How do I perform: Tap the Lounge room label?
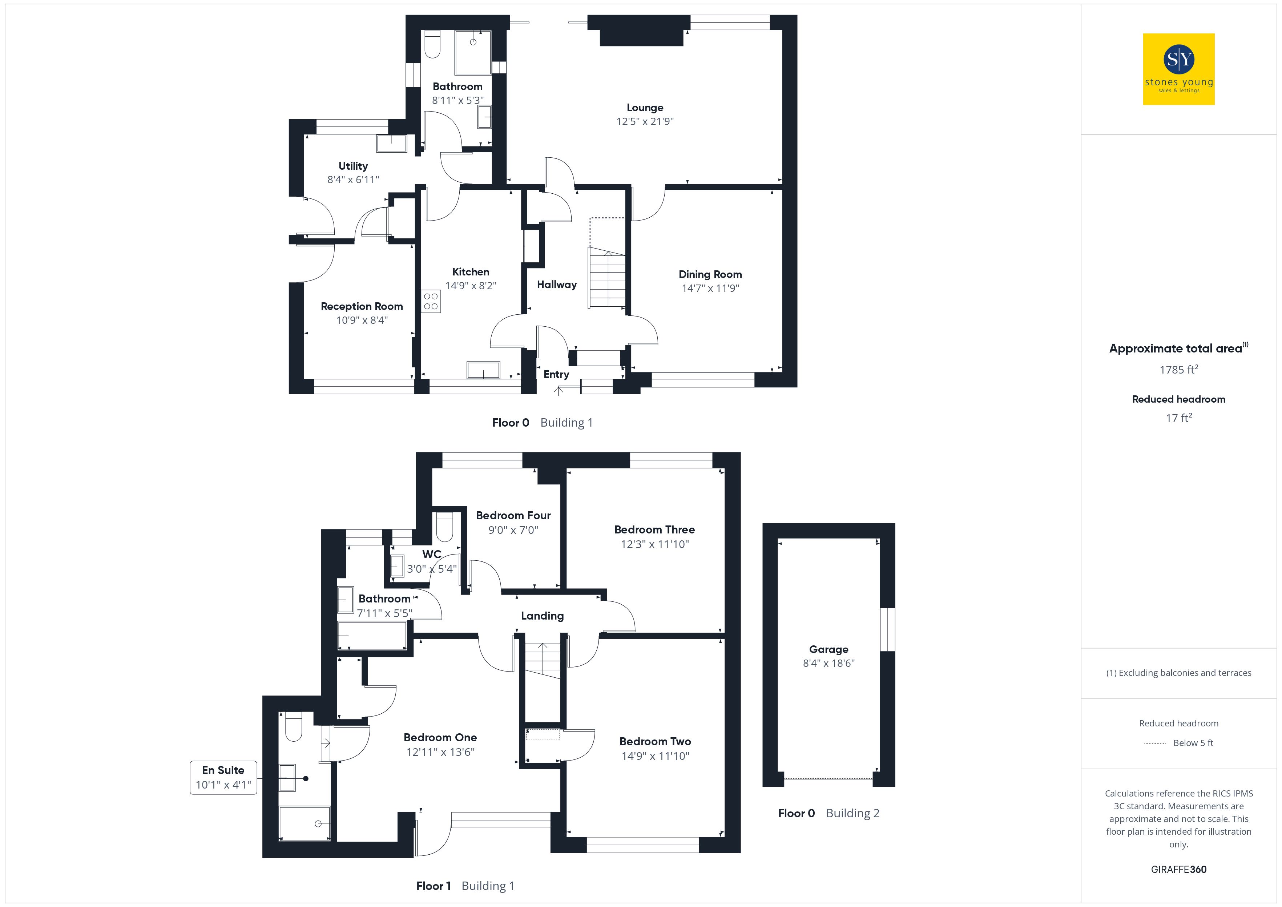coord(645,108)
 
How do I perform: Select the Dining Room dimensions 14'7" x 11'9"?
coord(710,288)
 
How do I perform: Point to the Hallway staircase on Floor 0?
coord(606,278)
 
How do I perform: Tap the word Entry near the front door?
coord(556,374)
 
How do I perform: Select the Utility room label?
coord(353,166)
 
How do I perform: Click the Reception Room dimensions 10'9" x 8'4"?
coord(362,320)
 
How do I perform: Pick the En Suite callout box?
coord(223,777)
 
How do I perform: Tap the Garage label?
coord(829,649)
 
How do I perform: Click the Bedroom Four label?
coord(513,516)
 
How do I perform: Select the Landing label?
coord(542,616)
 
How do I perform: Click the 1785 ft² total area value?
coord(1179,369)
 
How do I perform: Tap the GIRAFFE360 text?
coord(1179,870)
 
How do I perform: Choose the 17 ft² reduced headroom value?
coord(1179,418)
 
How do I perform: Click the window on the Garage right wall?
coord(887,629)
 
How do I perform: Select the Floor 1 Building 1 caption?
coord(465,886)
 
